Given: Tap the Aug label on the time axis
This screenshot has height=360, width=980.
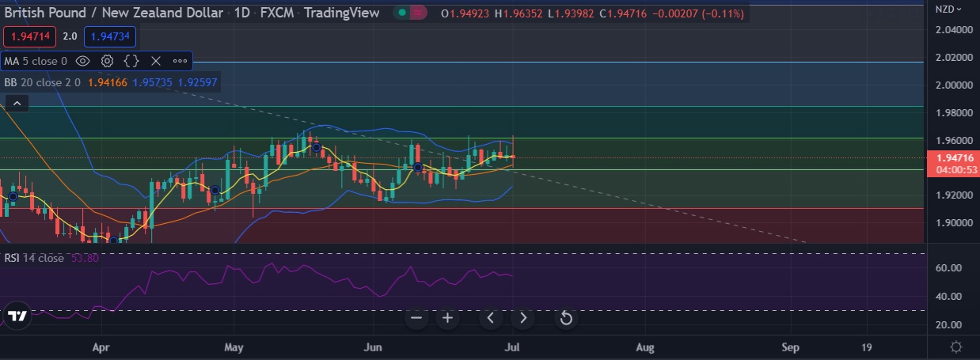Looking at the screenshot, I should pos(645,347).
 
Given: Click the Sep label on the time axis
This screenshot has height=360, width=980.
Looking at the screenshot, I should pos(789,347).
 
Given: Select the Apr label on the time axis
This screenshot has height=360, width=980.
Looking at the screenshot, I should pos(100,347).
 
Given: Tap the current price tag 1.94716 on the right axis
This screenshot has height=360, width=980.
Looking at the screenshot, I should pos(953,158).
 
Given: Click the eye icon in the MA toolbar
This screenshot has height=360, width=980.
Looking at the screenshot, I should pos(82,60).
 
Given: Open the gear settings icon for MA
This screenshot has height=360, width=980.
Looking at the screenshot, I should pos(107,60).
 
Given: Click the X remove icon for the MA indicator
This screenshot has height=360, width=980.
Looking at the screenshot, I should pos(156,60).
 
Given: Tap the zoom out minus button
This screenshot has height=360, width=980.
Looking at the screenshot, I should pos(417,318).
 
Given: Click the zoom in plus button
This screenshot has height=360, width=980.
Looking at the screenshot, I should pos(447,318).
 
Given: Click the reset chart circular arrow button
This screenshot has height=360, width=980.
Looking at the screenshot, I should pos(566,318).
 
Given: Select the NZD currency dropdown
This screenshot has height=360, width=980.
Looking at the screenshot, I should pos(948,9).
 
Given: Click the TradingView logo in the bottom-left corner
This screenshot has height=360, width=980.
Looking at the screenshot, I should pos(17,316).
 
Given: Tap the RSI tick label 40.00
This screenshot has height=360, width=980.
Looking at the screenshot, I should pos(948,296).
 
